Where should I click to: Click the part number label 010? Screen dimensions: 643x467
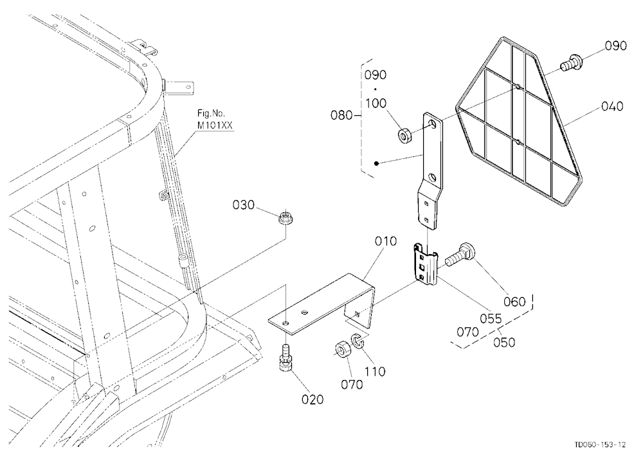[x=385, y=241]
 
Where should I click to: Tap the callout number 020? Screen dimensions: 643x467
[x=312, y=399]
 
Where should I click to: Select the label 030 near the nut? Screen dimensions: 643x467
[x=243, y=205]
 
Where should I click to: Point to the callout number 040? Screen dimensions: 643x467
[x=612, y=106]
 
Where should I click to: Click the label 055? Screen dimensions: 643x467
[x=491, y=318]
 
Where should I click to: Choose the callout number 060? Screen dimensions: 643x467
[x=514, y=302]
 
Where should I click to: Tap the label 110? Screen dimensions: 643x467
[x=376, y=371]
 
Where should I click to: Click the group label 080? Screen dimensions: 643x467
[x=341, y=115]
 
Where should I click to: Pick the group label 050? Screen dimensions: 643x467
[x=504, y=342]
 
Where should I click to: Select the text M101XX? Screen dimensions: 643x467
[x=215, y=125]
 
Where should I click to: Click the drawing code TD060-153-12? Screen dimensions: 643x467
[x=600, y=444]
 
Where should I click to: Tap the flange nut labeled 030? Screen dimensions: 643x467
[x=285, y=218]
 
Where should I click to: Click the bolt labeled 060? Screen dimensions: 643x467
[x=460, y=255]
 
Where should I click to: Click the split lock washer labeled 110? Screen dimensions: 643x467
[x=357, y=342]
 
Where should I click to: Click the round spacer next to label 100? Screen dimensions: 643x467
[x=406, y=136]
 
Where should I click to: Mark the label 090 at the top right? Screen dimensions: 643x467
[x=615, y=45]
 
